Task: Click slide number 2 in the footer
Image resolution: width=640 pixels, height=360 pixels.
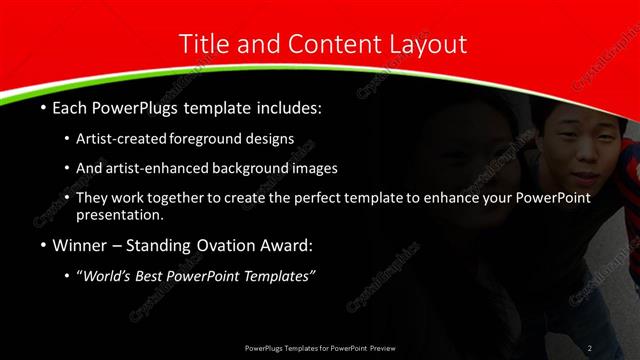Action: coord(590,347)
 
